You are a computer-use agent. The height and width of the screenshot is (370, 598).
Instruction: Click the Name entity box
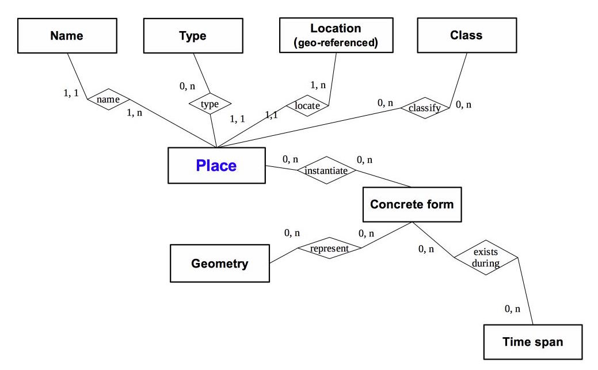pyautogui.click(x=67, y=36)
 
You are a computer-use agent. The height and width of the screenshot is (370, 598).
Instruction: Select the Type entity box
pyautogui.click(x=193, y=36)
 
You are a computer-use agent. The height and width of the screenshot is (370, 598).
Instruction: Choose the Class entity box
pyautogui.click(x=466, y=36)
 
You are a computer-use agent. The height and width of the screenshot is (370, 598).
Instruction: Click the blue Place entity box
pyautogui.click(x=216, y=166)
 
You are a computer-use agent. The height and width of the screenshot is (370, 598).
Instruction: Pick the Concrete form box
pyautogui.click(x=412, y=204)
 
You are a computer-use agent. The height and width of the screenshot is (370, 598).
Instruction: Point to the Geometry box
pyautogui.click(x=220, y=264)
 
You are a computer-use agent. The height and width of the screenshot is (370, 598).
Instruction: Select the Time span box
pyautogui.click(x=533, y=342)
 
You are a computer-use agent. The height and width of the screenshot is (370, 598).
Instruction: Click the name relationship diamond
pyautogui.click(x=108, y=100)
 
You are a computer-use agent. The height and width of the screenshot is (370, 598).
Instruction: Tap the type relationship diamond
pyautogui.click(x=210, y=104)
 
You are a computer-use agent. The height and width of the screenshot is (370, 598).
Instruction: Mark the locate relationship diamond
pyautogui.click(x=307, y=105)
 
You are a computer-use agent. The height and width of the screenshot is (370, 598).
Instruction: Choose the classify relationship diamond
pyautogui.click(x=425, y=108)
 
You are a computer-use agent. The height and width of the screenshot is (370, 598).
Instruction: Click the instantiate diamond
pyautogui.click(x=326, y=170)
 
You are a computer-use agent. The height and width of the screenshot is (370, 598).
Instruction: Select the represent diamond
pyautogui.click(x=329, y=249)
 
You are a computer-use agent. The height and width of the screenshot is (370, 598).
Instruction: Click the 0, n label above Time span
pyautogui.click(x=512, y=309)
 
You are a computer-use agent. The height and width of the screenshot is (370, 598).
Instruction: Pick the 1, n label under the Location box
pyautogui.click(x=318, y=85)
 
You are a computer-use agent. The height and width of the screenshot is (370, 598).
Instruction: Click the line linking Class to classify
pyautogui.click(x=458, y=78)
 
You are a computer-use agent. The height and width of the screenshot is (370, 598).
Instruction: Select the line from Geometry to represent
pyautogui.click(x=283, y=255)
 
